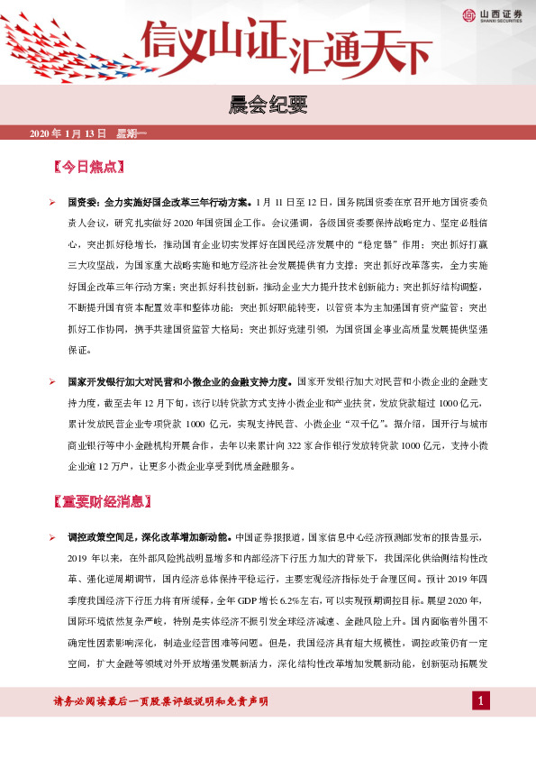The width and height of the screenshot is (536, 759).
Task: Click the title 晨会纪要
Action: [x=268, y=105]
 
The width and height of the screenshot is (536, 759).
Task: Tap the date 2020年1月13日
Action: [x=68, y=133]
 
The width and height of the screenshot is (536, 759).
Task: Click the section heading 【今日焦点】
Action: [x=88, y=168]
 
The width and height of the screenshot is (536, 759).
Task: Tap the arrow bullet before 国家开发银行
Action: [x=53, y=383]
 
